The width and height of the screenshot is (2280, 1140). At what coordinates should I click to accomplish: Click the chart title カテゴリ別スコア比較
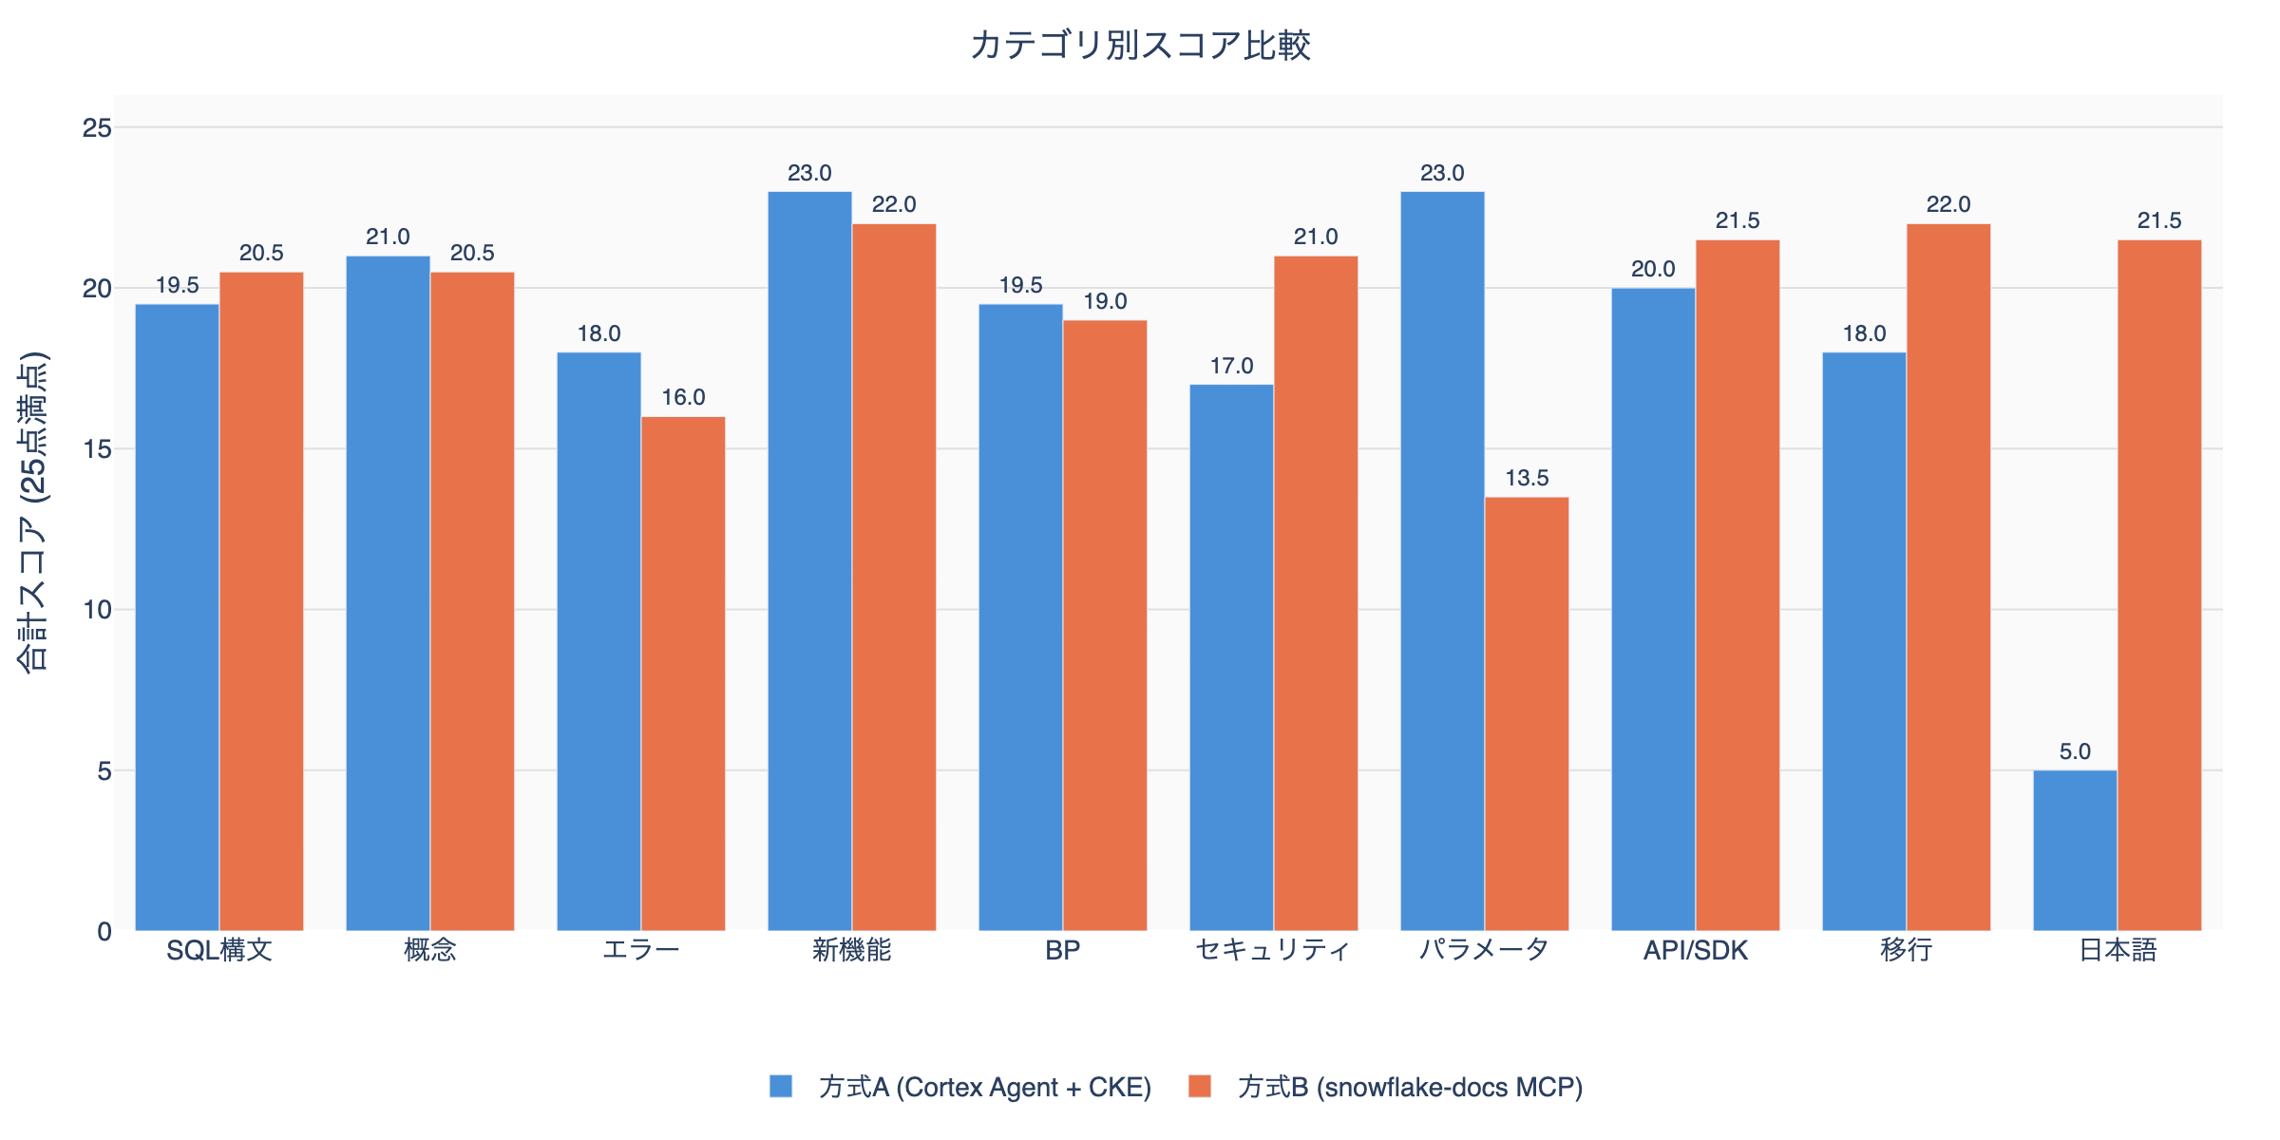click(x=1140, y=46)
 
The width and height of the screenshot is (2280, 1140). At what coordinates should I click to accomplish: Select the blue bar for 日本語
click(x=2075, y=850)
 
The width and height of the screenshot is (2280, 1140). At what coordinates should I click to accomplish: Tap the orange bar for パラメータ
click(x=1527, y=712)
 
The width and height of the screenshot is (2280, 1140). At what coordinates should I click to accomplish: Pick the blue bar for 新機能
click(x=809, y=560)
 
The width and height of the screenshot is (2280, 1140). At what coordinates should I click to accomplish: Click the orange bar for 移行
click(x=1947, y=577)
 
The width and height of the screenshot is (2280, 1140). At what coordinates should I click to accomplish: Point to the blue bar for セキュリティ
click(x=1231, y=657)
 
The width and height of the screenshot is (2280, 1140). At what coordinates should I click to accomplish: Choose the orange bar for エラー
click(x=683, y=673)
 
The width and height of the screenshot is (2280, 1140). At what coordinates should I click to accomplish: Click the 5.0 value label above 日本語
click(x=2075, y=751)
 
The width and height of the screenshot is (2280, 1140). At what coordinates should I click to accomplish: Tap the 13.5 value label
click(x=1527, y=478)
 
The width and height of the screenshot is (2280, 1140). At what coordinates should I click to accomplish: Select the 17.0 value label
click(x=1231, y=366)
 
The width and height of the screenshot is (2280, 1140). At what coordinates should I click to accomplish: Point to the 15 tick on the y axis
click(x=97, y=449)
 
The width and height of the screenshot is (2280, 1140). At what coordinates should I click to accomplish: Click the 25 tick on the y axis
click(x=97, y=127)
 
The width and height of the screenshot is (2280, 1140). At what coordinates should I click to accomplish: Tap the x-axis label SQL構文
click(x=219, y=950)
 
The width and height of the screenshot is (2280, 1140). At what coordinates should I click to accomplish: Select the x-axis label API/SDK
click(x=1696, y=950)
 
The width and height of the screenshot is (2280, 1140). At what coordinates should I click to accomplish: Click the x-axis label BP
click(x=1062, y=950)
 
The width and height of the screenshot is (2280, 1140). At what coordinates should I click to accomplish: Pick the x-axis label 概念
click(x=430, y=950)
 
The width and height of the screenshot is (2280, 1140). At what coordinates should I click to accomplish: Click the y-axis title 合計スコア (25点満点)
click(x=33, y=513)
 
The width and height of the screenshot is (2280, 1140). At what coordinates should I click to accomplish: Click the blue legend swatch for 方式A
click(x=781, y=1086)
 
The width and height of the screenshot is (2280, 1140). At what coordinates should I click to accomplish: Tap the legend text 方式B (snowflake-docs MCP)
click(x=1410, y=1087)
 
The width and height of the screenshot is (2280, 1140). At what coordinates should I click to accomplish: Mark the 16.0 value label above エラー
click(x=683, y=397)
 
